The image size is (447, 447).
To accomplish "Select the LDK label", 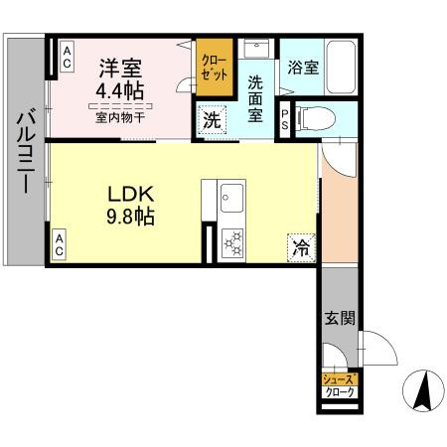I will tap(130, 195).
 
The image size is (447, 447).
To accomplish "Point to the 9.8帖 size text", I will tap(130, 216).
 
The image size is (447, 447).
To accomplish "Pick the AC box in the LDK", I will tap(60, 244).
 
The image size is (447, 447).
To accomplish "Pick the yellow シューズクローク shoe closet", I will tap(339, 385).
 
